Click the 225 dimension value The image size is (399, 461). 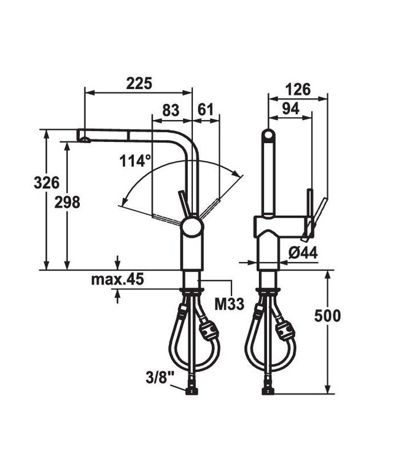click(139, 84)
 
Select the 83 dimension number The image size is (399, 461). click(170, 111)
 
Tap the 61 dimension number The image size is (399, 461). click(206, 111)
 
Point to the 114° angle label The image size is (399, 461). click(135, 162)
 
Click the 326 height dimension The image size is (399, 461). click(47, 182)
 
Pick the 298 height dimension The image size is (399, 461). click(67, 202)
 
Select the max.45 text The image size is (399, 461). click(117, 280)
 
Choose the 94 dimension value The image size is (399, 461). click(291, 109)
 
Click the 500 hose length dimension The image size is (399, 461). click(327, 316)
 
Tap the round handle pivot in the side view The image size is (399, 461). click(192, 227)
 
